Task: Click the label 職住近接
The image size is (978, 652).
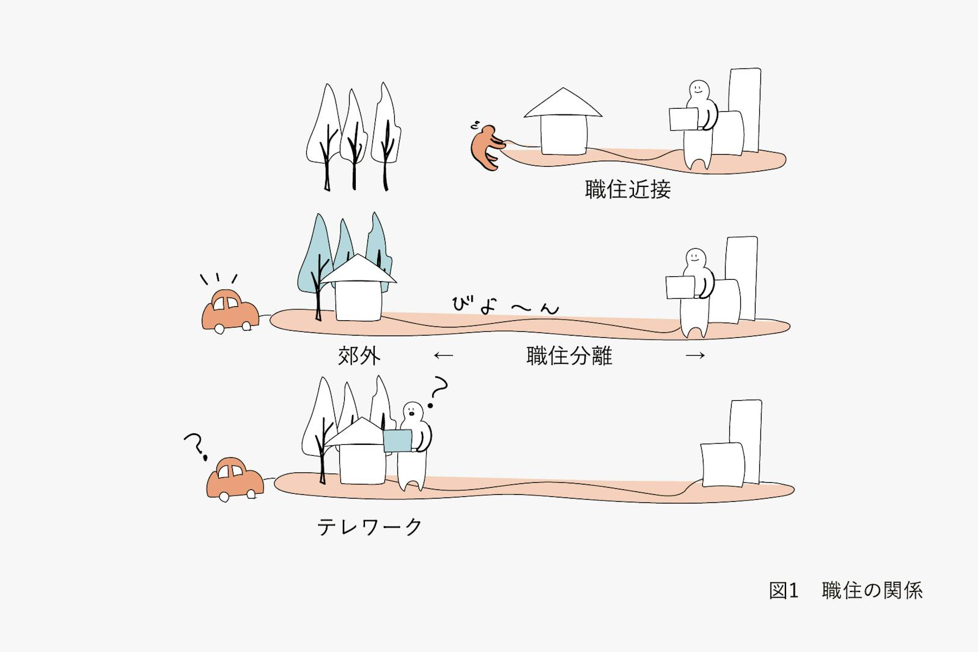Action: (x=627, y=189)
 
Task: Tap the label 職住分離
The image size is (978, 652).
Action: (x=569, y=356)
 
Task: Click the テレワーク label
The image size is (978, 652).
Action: (x=369, y=527)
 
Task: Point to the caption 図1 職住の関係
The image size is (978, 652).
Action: (x=846, y=590)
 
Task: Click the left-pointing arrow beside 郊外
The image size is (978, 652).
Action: (x=444, y=356)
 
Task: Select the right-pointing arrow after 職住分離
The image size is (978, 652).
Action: (x=695, y=356)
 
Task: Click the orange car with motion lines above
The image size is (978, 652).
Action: (x=230, y=311)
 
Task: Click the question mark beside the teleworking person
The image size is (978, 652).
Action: (x=438, y=392)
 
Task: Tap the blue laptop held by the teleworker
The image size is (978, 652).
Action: (x=398, y=441)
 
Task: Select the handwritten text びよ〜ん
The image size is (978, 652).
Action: (x=505, y=305)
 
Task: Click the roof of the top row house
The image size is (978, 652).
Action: (x=563, y=103)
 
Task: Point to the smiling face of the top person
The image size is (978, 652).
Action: (x=699, y=89)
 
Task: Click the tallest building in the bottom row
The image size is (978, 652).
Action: (x=745, y=441)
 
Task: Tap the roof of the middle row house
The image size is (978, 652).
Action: (x=358, y=269)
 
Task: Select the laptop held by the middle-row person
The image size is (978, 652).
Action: (x=680, y=287)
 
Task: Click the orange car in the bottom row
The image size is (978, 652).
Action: (x=235, y=478)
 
